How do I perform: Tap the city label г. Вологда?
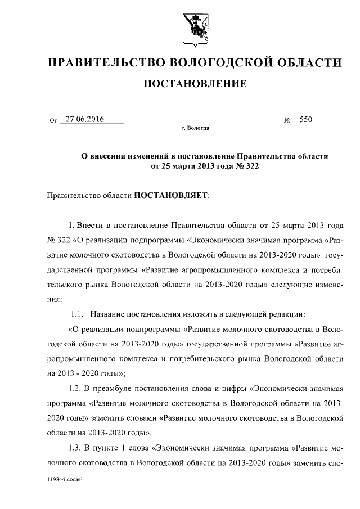[195, 129]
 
